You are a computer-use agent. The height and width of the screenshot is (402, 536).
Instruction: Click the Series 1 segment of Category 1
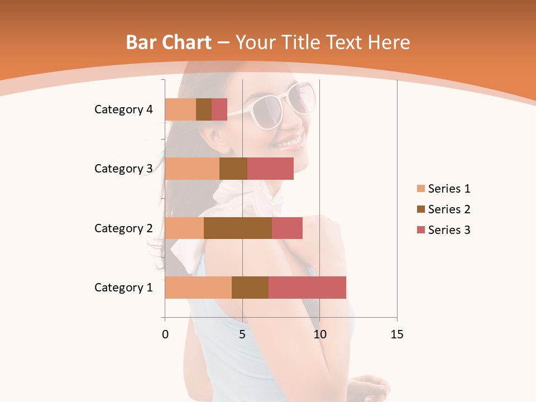[198, 288]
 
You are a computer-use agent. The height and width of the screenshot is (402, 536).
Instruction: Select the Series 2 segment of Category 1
[250, 288]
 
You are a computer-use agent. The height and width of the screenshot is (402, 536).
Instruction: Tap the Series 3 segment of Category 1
[307, 288]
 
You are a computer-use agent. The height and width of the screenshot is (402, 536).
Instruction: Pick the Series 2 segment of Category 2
[238, 228]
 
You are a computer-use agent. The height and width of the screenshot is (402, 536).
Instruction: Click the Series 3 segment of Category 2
[287, 228]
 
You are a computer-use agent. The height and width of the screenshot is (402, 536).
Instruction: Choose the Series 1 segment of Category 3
[192, 169]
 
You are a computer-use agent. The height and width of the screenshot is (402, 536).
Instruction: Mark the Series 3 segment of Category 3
[270, 169]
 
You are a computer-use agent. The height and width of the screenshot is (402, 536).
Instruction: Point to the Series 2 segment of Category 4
[204, 109]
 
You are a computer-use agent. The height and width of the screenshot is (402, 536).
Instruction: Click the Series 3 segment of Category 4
[219, 109]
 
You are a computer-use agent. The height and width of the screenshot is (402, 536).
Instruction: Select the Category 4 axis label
[123, 109]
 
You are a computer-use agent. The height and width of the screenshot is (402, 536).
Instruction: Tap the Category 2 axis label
[123, 228]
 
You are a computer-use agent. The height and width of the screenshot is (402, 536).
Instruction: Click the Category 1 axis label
[123, 288]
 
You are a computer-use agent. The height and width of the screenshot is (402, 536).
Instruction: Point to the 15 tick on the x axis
[397, 334]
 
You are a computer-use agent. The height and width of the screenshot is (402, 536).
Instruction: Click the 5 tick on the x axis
[242, 334]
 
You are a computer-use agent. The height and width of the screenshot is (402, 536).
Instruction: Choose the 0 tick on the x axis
[165, 334]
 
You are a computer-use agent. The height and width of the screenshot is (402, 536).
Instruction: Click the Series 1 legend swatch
[420, 189]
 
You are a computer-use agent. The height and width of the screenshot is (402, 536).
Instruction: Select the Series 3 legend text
[449, 230]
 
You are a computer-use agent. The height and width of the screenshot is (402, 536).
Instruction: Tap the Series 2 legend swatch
[420, 209]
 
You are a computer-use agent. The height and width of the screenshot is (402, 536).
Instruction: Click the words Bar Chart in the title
[168, 42]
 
